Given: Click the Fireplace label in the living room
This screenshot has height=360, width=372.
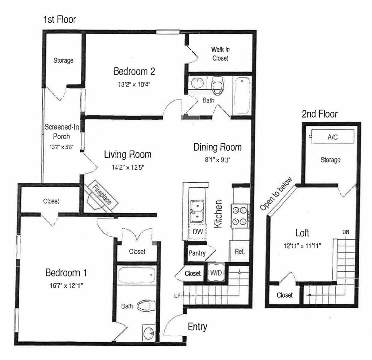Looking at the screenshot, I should [x=103, y=194].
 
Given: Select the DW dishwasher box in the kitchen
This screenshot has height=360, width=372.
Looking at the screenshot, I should [x=198, y=232].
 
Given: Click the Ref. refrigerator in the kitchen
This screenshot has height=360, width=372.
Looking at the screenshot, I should [x=239, y=252].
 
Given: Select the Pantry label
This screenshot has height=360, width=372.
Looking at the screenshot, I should [x=197, y=253].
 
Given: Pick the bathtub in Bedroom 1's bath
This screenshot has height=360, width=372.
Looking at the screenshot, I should [x=137, y=276].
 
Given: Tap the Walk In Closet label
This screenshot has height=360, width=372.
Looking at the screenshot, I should [x=220, y=54].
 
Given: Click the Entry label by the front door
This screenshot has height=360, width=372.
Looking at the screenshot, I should [x=197, y=327].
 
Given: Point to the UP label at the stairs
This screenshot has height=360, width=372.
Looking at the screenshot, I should [x=177, y=296].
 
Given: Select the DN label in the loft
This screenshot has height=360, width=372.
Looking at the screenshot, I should [x=346, y=232].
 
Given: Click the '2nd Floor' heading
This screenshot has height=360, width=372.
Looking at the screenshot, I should [x=319, y=114].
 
